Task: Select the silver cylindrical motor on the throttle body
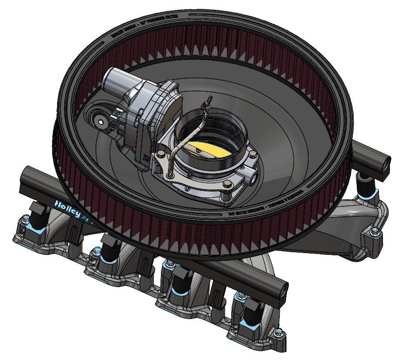click(x=119, y=80)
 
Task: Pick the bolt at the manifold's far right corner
click(x=375, y=230)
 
